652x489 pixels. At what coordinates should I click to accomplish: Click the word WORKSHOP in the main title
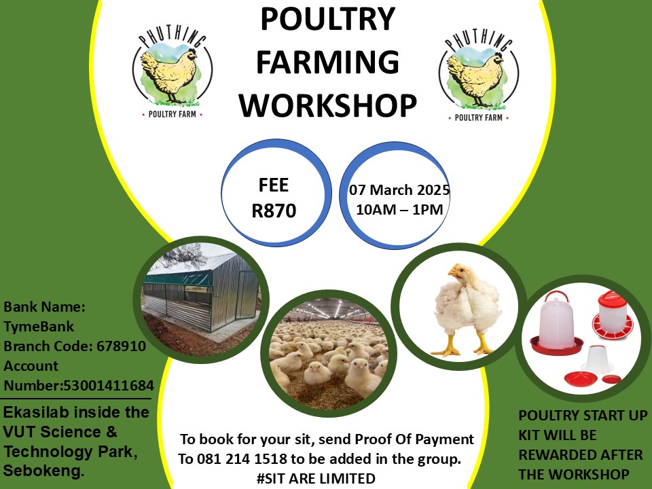pos(327,106)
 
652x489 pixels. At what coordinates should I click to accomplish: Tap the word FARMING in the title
pos(327,62)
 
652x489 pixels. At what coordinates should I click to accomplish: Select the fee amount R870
pos(274,211)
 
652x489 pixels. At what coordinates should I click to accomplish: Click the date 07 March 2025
pos(399,190)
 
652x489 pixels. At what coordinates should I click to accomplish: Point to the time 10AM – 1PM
pos(399,210)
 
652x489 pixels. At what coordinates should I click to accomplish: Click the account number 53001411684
pos(108,386)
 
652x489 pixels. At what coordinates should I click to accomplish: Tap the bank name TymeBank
pos(39,326)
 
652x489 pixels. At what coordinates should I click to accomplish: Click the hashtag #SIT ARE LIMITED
pos(316,478)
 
